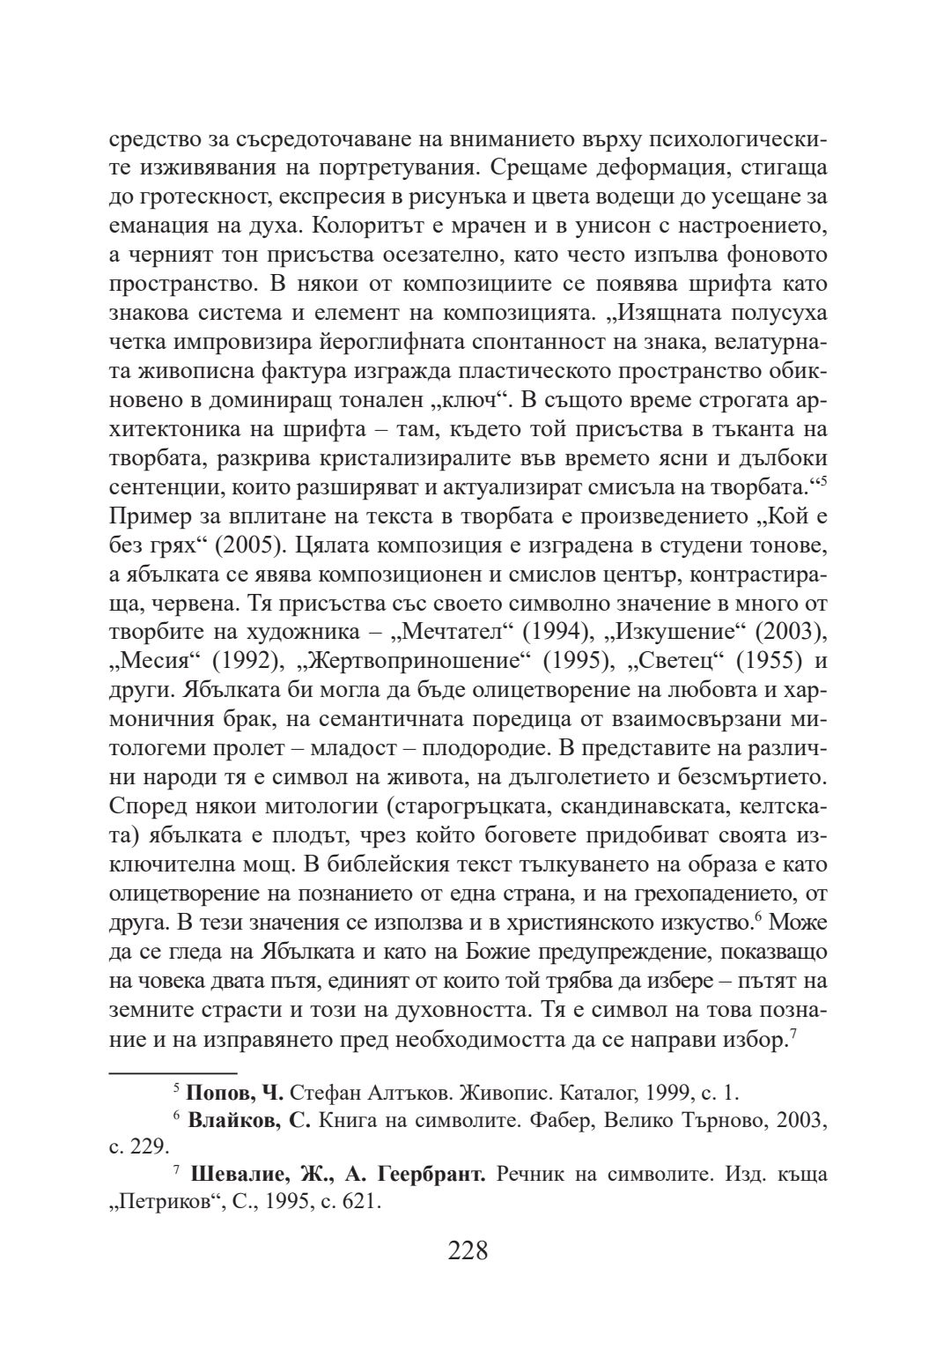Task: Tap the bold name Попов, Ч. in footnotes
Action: pyautogui.click(x=233, y=1094)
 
